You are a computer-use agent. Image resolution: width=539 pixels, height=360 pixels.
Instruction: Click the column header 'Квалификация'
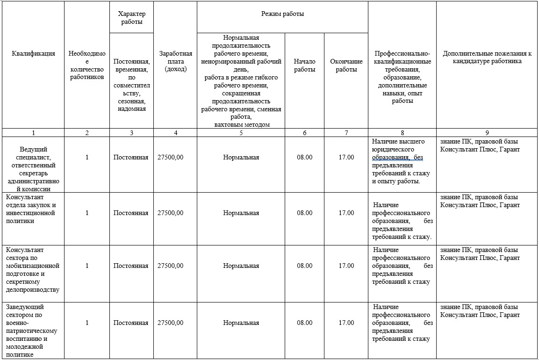tap(33, 53)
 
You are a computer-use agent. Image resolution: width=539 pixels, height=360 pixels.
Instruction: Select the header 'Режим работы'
tap(282, 14)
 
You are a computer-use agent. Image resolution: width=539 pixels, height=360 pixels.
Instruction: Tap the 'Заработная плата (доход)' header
tap(175, 61)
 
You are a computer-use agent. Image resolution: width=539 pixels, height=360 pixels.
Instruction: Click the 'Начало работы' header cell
tap(304, 65)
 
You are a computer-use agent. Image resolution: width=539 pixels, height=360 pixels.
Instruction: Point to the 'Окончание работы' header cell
tap(346, 65)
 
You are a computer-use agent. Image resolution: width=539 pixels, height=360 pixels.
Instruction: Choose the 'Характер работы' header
tap(131, 18)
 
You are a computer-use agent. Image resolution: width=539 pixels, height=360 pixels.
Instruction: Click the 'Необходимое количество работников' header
tap(87, 65)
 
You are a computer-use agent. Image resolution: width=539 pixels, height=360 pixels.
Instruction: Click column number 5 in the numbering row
tap(241, 133)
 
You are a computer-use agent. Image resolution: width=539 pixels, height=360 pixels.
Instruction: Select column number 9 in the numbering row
tap(487, 133)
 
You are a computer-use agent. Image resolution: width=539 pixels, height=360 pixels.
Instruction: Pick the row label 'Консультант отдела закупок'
tap(31, 209)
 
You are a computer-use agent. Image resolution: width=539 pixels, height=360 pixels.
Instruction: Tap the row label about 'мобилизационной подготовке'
tap(33, 266)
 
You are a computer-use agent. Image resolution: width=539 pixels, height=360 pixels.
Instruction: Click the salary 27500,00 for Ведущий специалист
tap(171, 157)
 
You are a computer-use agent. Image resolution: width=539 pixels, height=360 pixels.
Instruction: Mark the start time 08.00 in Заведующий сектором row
tap(304, 323)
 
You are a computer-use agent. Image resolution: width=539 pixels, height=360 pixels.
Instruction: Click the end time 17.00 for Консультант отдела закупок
tap(346, 213)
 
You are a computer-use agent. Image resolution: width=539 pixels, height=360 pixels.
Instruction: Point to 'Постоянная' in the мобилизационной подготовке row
tap(131, 266)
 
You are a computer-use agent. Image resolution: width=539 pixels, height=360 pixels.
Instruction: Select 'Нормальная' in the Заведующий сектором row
tap(241, 323)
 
